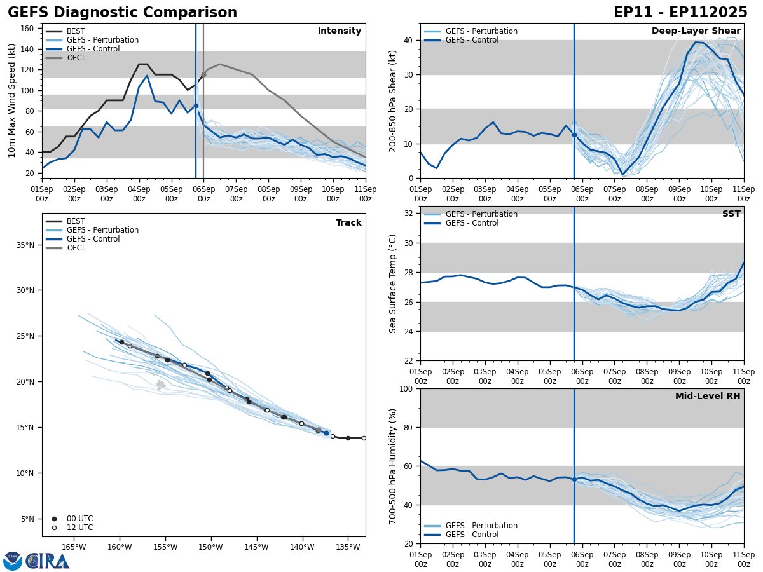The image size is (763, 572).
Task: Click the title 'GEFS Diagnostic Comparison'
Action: coord(122,13)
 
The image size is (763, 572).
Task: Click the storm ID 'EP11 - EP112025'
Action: coord(680,13)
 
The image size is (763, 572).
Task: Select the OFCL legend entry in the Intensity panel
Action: coord(76,58)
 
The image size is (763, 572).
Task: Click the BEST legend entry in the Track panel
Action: coord(76,221)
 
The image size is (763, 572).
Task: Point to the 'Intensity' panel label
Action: coord(340,31)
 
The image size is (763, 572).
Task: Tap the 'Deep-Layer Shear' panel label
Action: coord(696,31)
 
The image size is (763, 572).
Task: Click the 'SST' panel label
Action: coord(731,214)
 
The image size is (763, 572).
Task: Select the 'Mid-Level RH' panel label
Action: coord(708,397)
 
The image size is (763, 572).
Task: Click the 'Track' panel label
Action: coord(348,223)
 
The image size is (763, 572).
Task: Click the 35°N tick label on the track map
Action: coord(25,245)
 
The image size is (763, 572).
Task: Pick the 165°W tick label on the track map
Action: coord(74,547)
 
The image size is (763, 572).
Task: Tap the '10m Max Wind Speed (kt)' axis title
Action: coord(12,100)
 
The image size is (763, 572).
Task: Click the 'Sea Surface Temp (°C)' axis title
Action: coord(393,283)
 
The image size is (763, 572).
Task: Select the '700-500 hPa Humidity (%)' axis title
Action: coord(393,466)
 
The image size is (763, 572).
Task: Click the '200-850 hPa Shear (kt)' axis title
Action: coord(393,100)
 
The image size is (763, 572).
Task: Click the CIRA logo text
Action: coord(48,561)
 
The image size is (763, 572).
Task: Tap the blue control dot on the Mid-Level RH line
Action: coord(574,479)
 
